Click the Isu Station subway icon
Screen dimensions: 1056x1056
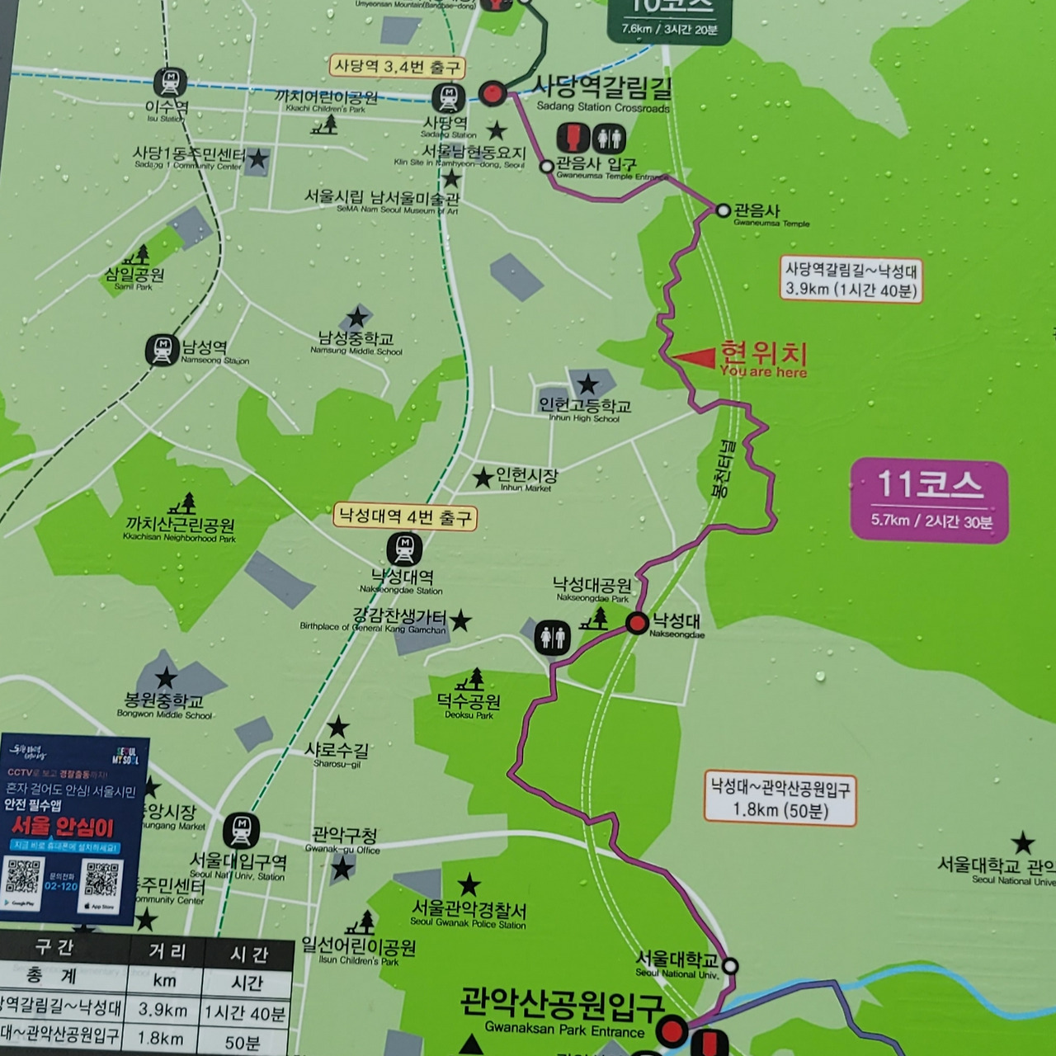pyautogui.click(x=170, y=82)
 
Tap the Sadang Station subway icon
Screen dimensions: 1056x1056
pyautogui.click(x=448, y=98)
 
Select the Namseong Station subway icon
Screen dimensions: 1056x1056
pyautogui.click(x=163, y=350)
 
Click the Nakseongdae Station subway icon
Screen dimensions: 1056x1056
pyautogui.click(x=404, y=549)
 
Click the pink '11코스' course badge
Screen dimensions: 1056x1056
pyautogui.click(x=929, y=501)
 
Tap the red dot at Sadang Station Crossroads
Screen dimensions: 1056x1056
pyautogui.click(x=493, y=93)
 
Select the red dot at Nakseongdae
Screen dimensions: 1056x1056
pyautogui.click(x=637, y=623)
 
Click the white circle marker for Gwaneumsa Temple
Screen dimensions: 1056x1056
pyautogui.click(x=724, y=210)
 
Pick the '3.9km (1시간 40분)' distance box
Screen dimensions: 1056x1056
pyautogui.click(x=851, y=279)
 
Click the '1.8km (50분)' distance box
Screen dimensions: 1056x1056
pyautogui.click(x=780, y=799)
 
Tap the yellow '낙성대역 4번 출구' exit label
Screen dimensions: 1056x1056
pyautogui.click(x=405, y=517)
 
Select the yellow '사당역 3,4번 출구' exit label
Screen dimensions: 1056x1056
pyautogui.click(x=397, y=66)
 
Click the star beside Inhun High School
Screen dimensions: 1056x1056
pyautogui.click(x=587, y=384)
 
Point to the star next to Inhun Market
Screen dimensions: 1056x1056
pyautogui.click(x=483, y=477)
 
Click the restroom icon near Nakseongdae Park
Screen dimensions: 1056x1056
pyautogui.click(x=552, y=637)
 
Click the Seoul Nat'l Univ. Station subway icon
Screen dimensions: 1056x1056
pyautogui.click(x=241, y=831)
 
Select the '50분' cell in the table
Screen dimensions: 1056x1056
pyautogui.click(x=242, y=1041)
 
